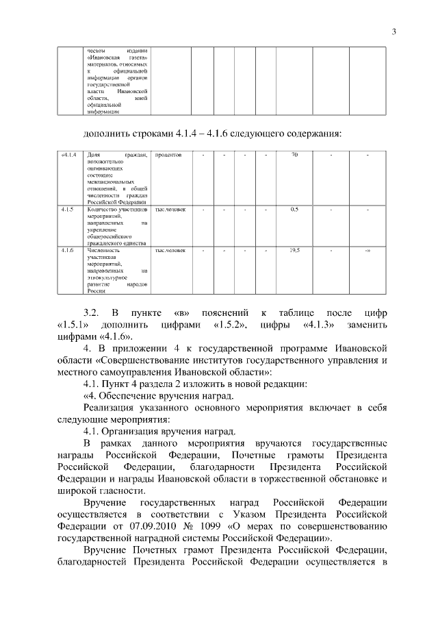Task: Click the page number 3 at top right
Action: pyautogui.click(x=395, y=30)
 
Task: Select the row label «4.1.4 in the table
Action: pyautogui.click(x=69, y=156)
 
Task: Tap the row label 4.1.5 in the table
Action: pyautogui.click(x=68, y=208)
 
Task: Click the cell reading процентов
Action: pyautogui.click(x=168, y=156)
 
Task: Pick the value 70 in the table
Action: pyautogui.click(x=294, y=156)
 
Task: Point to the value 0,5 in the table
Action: pyautogui.click(x=294, y=208)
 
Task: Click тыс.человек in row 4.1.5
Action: pyautogui.click(x=170, y=208)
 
